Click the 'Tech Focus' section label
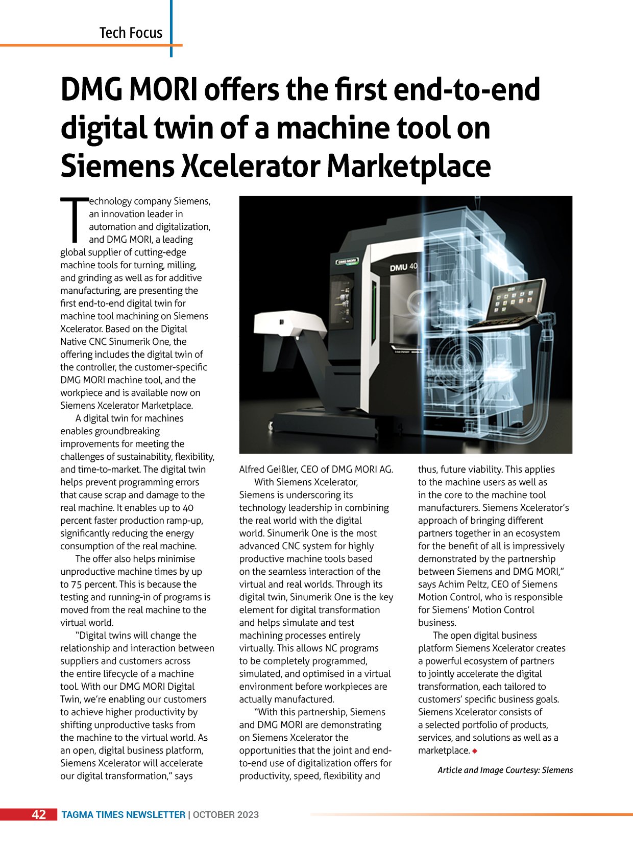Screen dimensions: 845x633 (131, 33)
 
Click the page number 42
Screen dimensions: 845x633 (39, 814)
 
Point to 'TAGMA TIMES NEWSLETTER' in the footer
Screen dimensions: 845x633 (123, 815)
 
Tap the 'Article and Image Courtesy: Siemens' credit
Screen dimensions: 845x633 (505, 770)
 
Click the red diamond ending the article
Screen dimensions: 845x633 (475, 751)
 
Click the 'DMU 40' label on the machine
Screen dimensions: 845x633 (404, 267)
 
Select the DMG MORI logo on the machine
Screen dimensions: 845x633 (347, 262)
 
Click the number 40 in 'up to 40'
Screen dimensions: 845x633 (188, 508)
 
